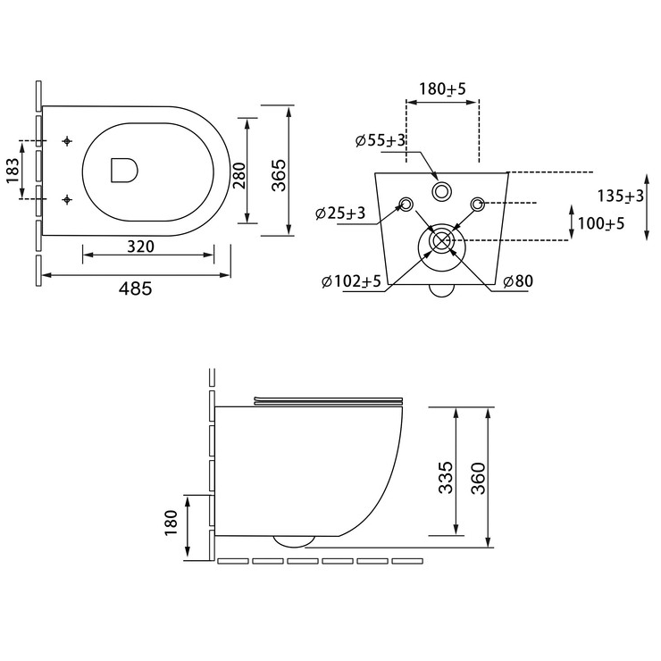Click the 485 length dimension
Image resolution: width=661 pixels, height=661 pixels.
click(x=135, y=289)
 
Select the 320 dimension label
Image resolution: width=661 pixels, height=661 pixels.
click(x=141, y=247)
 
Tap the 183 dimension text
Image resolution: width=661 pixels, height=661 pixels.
click(x=13, y=171)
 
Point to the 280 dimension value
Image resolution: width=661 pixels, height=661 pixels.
click(x=239, y=176)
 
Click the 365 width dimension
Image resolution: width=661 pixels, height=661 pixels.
click(x=278, y=175)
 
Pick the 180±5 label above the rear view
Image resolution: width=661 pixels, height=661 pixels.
click(x=442, y=89)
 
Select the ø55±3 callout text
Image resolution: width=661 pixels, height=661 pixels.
click(x=380, y=140)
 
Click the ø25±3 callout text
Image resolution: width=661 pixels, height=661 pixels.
click(x=340, y=213)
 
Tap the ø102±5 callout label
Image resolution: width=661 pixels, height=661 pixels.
click(x=351, y=280)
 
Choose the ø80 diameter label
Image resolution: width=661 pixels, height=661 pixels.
click(x=518, y=280)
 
